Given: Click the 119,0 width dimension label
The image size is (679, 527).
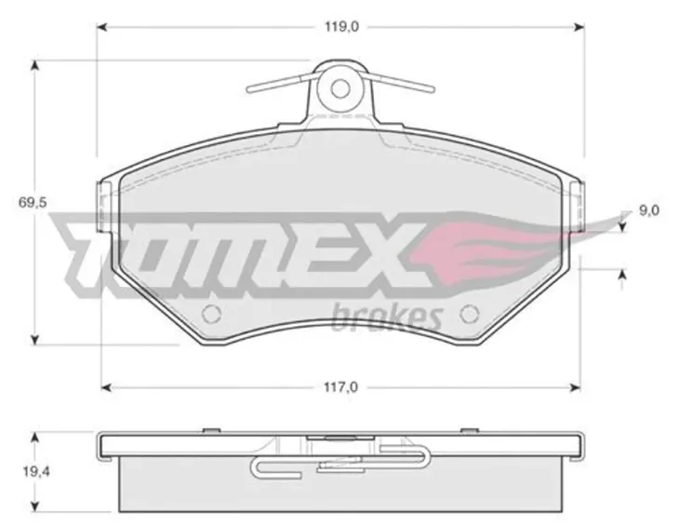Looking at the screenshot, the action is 342,27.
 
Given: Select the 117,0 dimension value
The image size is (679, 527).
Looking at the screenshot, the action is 341,387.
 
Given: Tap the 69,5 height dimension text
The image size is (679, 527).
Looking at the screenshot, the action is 33,202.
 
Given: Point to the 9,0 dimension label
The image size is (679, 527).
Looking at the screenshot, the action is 649,210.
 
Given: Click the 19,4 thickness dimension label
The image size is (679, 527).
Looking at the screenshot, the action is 36,471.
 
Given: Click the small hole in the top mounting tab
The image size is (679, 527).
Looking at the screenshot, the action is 339,88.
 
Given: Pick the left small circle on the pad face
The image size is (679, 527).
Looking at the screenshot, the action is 212,314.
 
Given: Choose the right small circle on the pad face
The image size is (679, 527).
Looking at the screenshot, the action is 469,314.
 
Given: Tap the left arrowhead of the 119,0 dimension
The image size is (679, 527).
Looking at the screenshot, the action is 101,27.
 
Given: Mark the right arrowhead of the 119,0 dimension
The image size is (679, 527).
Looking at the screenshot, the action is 579,27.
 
